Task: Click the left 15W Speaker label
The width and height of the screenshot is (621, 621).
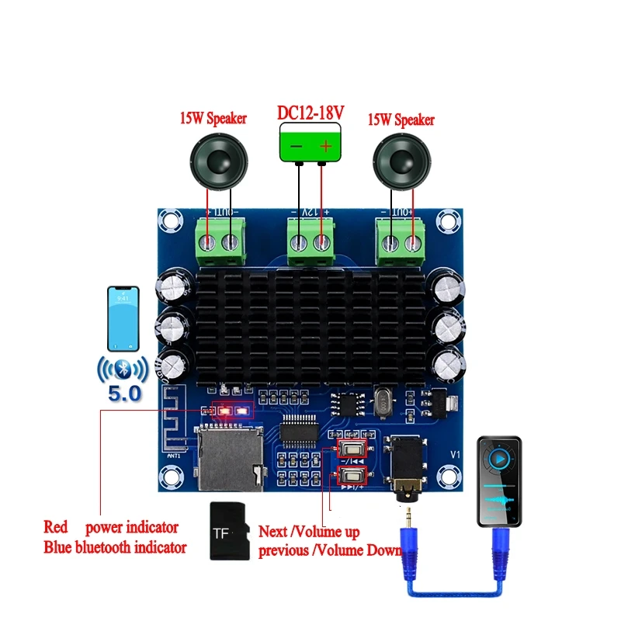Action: pyautogui.click(x=213, y=119)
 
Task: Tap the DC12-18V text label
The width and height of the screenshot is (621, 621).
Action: pyautogui.click(x=310, y=112)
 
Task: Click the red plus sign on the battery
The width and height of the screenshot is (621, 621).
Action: pyautogui.click(x=326, y=146)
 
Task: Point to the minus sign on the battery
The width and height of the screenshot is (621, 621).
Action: pyautogui.click(x=295, y=146)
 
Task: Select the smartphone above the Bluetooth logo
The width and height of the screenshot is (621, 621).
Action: pyautogui.click(x=123, y=318)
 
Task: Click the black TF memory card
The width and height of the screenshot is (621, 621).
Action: pyautogui.click(x=228, y=531)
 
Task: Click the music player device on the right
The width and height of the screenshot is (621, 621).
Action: pyautogui.click(x=499, y=481)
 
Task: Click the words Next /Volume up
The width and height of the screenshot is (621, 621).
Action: pyautogui.click(x=308, y=533)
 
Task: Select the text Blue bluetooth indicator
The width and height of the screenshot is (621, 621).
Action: pyautogui.click(x=115, y=547)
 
